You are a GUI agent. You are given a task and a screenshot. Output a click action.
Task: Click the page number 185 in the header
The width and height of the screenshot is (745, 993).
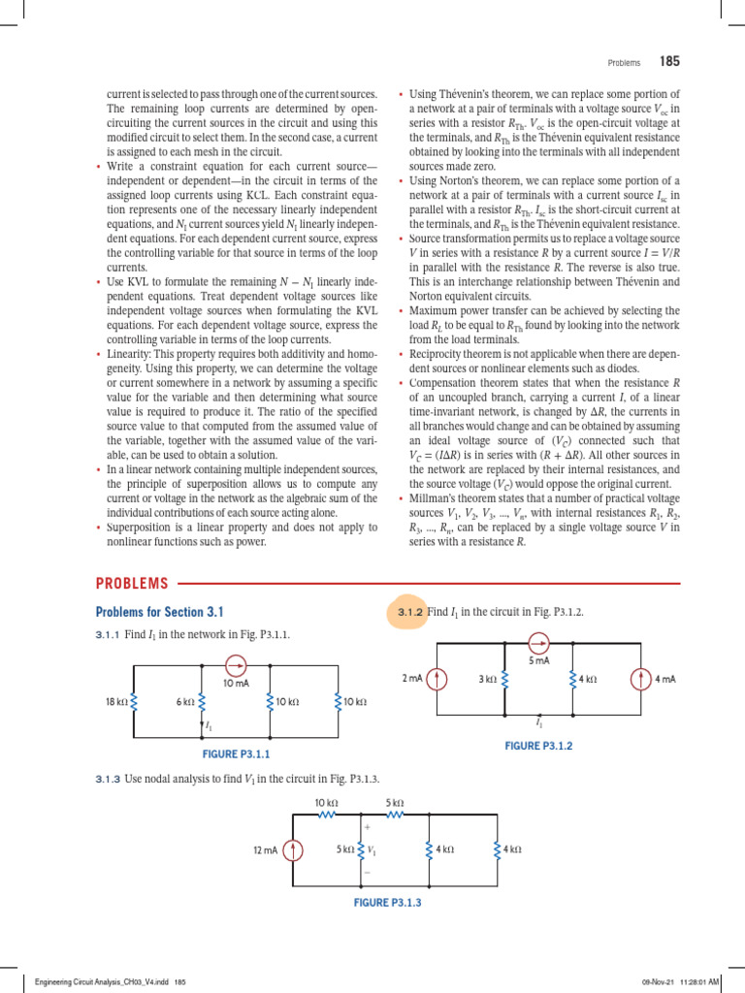(x=669, y=62)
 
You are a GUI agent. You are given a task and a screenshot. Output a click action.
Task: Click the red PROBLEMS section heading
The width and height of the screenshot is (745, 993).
(x=132, y=584)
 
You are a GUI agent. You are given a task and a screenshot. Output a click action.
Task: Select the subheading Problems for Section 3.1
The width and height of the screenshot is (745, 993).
(x=159, y=612)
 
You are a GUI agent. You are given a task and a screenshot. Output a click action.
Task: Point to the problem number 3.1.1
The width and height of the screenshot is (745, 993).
(x=107, y=634)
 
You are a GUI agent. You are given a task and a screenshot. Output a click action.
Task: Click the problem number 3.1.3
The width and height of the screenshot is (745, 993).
(x=107, y=779)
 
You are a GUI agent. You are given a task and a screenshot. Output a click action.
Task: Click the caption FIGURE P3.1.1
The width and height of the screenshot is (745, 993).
(x=234, y=753)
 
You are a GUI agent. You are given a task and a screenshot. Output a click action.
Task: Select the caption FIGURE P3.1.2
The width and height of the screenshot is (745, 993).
(x=538, y=746)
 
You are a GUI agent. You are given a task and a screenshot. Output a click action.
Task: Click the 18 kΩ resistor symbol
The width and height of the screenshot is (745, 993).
(x=133, y=701)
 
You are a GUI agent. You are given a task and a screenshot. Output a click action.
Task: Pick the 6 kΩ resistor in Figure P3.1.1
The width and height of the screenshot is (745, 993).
(x=202, y=701)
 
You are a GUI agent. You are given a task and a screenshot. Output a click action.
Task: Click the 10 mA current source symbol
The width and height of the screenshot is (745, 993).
(x=236, y=666)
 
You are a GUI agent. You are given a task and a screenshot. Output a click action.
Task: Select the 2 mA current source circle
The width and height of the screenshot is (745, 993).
(x=437, y=679)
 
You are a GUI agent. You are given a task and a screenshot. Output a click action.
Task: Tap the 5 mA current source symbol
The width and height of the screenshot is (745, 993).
(x=538, y=642)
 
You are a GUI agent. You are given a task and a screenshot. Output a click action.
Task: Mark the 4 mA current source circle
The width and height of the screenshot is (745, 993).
(x=640, y=679)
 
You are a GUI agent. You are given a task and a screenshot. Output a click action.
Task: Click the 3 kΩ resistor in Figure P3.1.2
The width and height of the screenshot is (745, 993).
(x=504, y=679)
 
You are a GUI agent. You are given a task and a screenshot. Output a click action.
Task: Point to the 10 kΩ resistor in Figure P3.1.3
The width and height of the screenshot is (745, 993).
(x=326, y=816)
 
